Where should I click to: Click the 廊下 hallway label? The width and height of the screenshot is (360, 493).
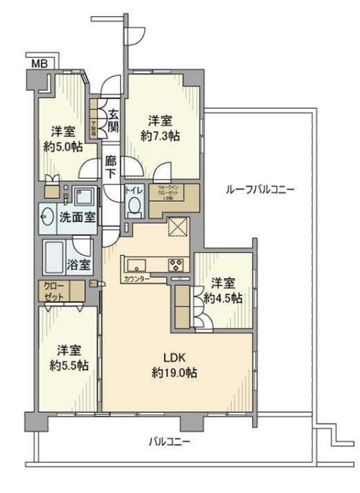point(111,169)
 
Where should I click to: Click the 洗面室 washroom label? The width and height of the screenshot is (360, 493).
point(78,217)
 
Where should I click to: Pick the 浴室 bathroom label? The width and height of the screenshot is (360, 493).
point(79,264)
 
